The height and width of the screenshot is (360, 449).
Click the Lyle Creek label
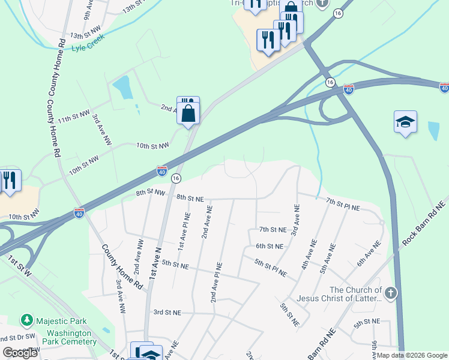[x=88, y=41]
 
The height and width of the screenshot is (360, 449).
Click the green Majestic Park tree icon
[x=26, y=321]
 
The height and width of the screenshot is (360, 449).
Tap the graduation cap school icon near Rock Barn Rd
[x=405, y=122]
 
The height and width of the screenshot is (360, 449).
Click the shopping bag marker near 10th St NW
[x=188, y=112]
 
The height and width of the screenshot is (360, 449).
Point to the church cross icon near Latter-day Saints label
[x=391, y=293]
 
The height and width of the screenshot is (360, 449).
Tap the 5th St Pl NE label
[x=270, y=268]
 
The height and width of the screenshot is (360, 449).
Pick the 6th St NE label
[x=269, y=246]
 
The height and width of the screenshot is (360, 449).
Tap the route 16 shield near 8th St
[x=176, y=178]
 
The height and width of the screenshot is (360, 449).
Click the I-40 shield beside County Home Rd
[x=79, y=212]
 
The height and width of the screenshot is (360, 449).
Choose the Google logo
[x=20, y=353]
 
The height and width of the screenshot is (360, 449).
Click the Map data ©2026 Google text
[x=411, y=355]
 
